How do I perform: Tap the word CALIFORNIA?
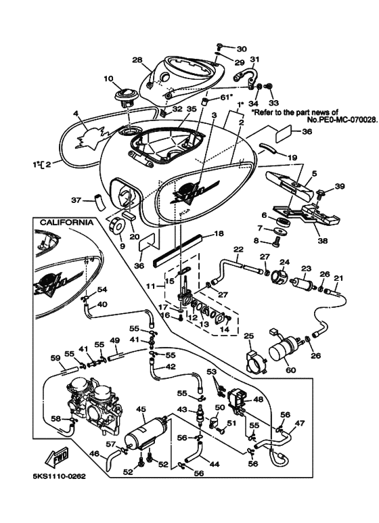tap(66, 223)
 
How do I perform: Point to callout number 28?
tap(137, 60)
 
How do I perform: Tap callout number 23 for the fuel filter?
tap(306, 268)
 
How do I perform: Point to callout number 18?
tap(219, 233)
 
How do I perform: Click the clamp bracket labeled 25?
tap(256, 361)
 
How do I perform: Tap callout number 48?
tap(259, 399)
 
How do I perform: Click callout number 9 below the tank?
tap(122, 246)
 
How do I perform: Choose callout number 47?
tap(300, 424)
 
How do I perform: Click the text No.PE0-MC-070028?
tap(342, 119)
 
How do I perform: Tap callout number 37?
tap(76, 200)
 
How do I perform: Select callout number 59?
tap(55, 358)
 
